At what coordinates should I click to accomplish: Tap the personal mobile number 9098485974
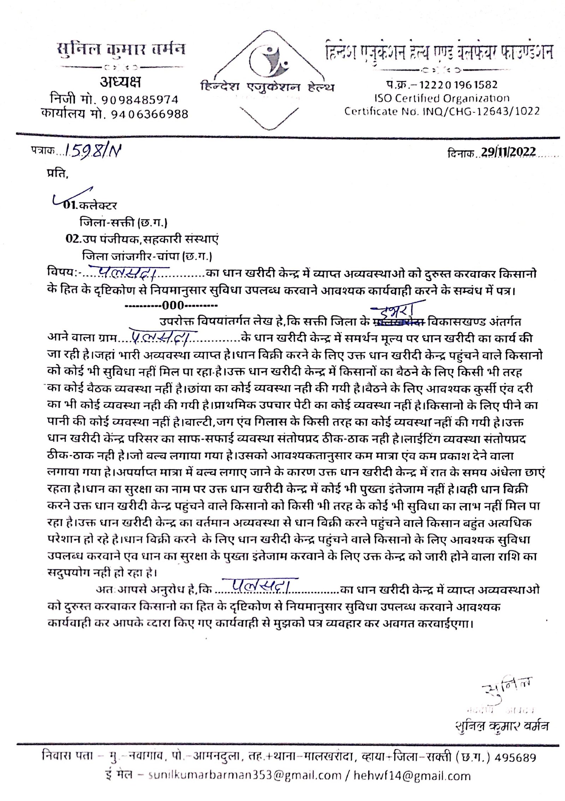pyautogui.click(x=139, y=100)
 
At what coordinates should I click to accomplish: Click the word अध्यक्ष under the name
pyautogui.click(x=120, y=82)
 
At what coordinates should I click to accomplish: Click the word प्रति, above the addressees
pyautogui.click(x=57, y=174)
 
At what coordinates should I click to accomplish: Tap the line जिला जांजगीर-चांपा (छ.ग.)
pyautogui.click(x=147, y=255)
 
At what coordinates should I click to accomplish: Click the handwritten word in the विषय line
pyautogui.click(x=129, y=272)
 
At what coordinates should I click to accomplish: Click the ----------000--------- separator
pyautogui.click(x=172, y=305)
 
